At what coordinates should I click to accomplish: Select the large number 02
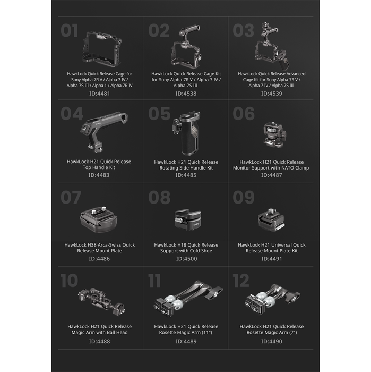tap(159, 31)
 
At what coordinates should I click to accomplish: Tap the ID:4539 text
tap(271, 94)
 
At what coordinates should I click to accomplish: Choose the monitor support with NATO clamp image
tap(271, 136)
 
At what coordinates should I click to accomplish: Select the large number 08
tap(159, 198)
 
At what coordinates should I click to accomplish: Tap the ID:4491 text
tap(271, 259)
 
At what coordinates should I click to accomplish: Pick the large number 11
tap(154, 280)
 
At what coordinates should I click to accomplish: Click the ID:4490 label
tap(271, 342)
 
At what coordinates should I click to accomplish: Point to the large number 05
tap(159, 114)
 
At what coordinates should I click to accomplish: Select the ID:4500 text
tap(186, 259)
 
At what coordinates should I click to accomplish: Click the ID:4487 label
tap(271, 175)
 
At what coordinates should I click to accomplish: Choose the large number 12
tap(241, 280)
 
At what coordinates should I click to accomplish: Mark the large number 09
tap(244, 198)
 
